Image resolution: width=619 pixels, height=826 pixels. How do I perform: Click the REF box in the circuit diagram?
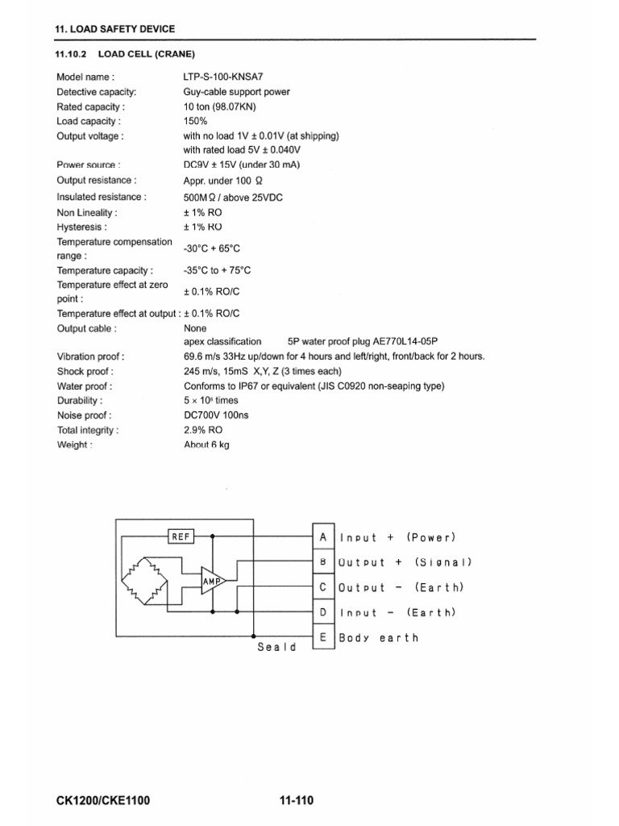181,536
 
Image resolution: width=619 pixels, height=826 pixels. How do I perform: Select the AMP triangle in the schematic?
214,581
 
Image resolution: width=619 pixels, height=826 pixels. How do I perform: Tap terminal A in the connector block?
322,536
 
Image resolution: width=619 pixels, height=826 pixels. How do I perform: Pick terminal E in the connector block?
322,637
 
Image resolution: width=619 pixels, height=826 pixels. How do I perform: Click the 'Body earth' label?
380,637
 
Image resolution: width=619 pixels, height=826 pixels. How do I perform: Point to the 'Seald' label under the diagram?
276,647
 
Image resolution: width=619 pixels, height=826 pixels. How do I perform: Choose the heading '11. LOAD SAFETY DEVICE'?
114,29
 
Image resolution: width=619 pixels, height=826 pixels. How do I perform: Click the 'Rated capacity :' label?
90,107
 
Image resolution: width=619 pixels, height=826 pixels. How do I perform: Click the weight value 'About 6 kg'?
206,444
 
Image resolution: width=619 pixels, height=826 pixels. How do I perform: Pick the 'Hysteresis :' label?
81,227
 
